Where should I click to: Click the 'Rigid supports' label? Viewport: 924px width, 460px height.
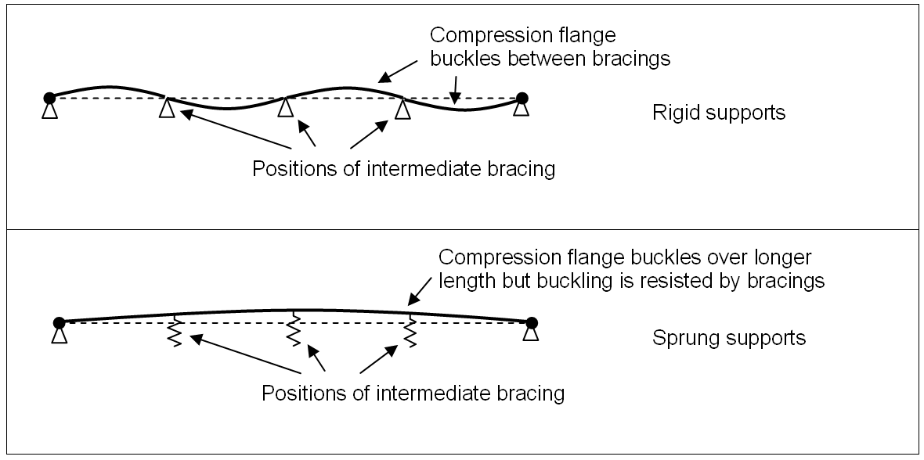pos(718,113)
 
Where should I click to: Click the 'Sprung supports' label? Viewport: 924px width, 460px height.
pos(728,339)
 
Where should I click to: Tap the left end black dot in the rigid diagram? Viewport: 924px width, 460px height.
pos(49,98)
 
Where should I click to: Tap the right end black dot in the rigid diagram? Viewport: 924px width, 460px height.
pos(522,98)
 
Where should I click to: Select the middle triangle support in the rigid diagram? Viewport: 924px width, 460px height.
pos(286,107)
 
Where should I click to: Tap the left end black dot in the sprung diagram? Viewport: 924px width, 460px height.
pos(59,322)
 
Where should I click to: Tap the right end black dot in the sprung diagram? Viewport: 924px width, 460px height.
pos(532,322)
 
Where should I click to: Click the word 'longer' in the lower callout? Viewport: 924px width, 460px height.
pos(792,257)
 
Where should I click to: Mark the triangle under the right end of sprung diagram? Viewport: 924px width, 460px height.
pos(532,335)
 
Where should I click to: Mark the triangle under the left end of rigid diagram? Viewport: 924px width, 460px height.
pos(49,111)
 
